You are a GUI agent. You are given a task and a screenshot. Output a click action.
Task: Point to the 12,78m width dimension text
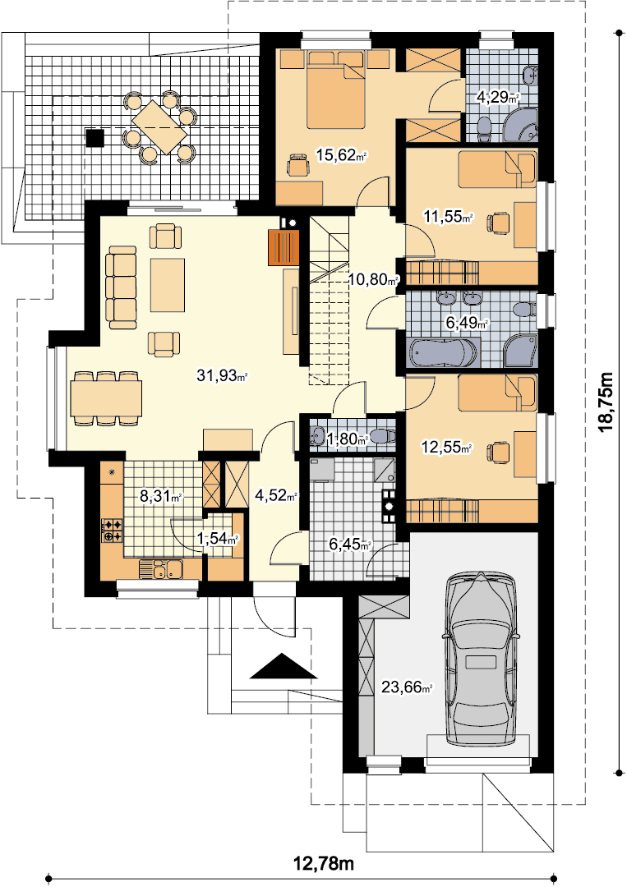(324, 863)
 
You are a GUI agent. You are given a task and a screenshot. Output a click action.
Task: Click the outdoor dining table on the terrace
(159, 126)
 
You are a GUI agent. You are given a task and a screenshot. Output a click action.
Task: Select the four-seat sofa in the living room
(122, 287)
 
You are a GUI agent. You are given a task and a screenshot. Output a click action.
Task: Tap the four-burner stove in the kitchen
(112, 530)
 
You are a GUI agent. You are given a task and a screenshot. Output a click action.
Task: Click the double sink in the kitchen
(161, 569)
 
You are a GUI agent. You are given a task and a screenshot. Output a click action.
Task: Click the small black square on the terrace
(95, 137)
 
